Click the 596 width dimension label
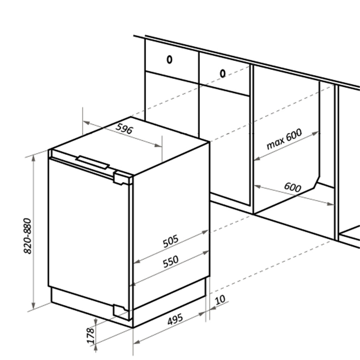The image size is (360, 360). pos(124,128)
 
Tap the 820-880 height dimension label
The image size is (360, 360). pos(28,236)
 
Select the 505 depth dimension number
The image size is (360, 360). pos(170,241)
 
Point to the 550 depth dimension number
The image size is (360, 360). pos(170,262)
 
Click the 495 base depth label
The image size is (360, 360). pos(175,319)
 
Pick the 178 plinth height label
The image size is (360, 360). pos(91,336)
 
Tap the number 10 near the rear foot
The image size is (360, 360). pos(220,300)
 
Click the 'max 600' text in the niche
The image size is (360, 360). pos(284,139)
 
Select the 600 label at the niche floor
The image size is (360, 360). pos(292,187)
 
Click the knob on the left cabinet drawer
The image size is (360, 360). pos(169,60)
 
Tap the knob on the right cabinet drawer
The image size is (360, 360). pos(222,74)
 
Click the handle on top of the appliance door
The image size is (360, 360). pos(92,162)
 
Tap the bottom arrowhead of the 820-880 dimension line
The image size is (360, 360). pos(34,305)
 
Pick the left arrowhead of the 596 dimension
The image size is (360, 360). pos(86,123)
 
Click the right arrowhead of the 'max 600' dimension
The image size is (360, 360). pos(316,133)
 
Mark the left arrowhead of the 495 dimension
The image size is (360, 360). pos(137,342)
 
